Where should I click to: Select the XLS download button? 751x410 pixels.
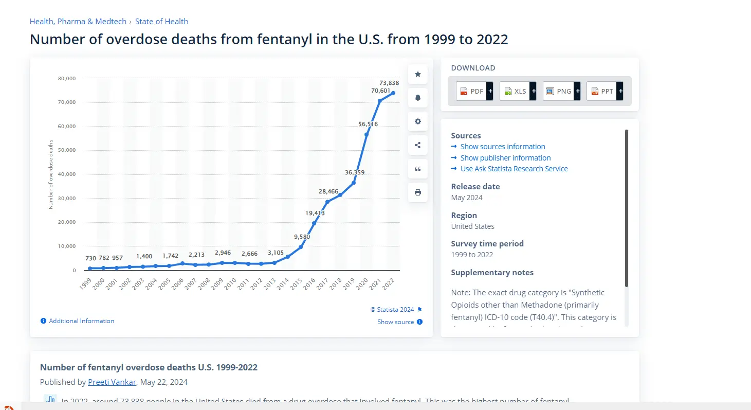517,91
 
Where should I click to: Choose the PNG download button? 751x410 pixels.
561,91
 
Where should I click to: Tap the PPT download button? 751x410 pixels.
604,91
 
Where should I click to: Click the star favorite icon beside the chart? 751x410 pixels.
418,75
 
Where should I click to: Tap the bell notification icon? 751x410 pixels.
418,98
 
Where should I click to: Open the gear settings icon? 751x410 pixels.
418,121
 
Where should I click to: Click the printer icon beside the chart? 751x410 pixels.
418,192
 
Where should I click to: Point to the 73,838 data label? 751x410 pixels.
389,83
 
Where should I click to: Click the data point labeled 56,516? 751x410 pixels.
367,134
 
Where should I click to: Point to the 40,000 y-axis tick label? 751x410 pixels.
67,174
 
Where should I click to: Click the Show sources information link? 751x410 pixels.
502,147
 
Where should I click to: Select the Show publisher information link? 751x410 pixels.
505,158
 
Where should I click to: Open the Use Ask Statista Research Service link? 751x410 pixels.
514,169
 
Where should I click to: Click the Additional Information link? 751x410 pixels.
81,321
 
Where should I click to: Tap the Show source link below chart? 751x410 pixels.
395,322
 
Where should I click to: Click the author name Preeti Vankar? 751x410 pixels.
112,382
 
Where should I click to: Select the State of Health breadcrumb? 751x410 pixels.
161,22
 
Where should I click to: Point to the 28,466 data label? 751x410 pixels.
328,192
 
